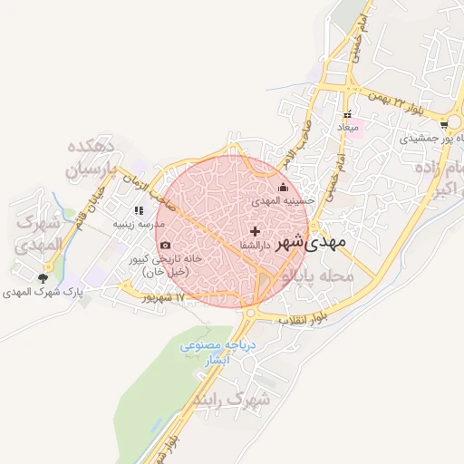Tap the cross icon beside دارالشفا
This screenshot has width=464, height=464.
coord(254,231)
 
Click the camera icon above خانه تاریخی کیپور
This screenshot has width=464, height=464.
coord(164,245)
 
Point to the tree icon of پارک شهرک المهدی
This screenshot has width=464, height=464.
coord(43,278)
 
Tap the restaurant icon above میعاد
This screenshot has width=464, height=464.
coord(347,115)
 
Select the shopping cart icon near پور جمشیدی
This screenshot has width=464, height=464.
coord(444,125)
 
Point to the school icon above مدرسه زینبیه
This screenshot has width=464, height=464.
coord(139,210)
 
